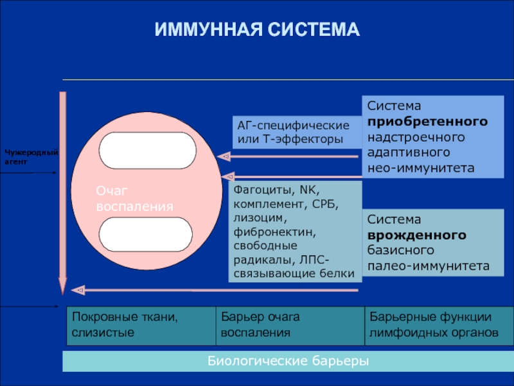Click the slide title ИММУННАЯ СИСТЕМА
click(x=257, y=30)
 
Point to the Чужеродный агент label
click(x=31, y=156)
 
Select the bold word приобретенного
click(x=427, y=121)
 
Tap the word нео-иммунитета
click(x=420, y=167)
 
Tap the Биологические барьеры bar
click(x=288, y=361)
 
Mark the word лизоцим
click(x=255, y=218)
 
